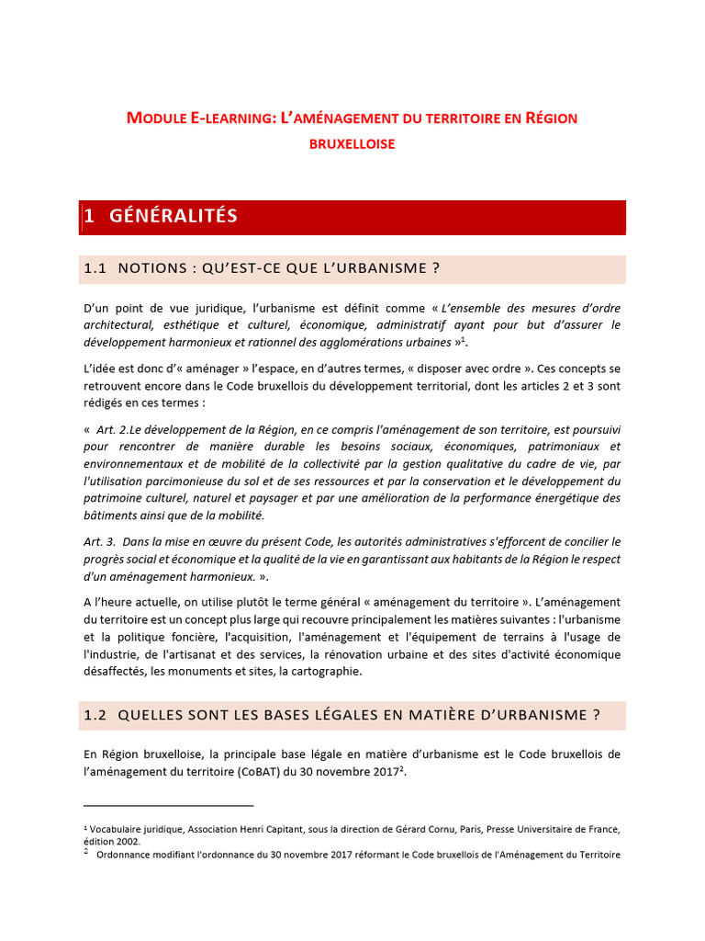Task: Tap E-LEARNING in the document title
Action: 231,119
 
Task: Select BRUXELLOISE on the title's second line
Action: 352,144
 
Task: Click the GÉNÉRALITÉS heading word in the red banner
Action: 173,217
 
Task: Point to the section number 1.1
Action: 95,268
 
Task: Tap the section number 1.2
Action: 95,715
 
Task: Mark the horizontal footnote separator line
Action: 168,806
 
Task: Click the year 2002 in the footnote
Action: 128,841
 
